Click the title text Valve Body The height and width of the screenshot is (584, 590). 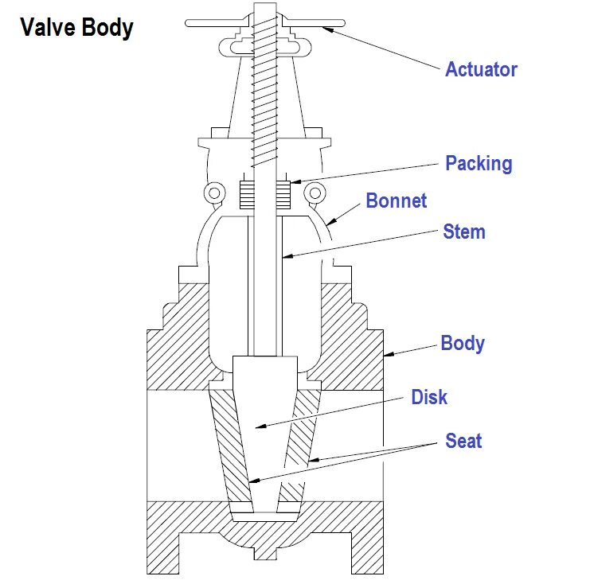(76, 29)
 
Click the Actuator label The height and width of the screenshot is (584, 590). (481, 69)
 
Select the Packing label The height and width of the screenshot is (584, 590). (479, 164)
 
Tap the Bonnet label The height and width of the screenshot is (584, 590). (397, 200)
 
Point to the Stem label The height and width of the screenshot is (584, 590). (464, 232)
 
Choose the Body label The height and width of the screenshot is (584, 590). (463, 343)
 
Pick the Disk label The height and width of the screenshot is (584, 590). (429, 396)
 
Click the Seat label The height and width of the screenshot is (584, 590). (463, 440)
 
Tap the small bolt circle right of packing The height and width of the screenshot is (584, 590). (317, 192)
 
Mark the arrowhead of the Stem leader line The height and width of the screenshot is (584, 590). (283, 257)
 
